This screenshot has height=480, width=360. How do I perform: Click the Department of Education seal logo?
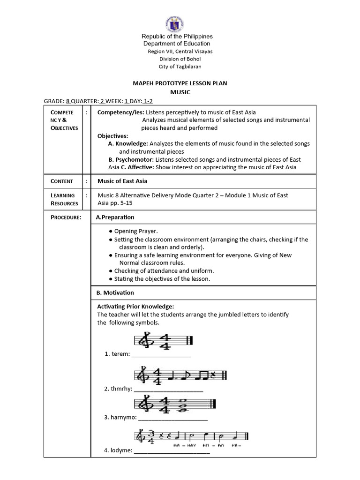click(174, 23)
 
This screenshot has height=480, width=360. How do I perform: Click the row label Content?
click(62, 181)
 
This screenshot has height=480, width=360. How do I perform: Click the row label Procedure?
click(66, 217)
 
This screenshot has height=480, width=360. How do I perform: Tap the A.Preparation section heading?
click(115, 217)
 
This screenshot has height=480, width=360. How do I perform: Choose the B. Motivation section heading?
click(115, 292)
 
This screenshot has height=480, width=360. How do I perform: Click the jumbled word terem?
click(117, 354)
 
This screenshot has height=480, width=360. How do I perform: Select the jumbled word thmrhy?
click(119, 389)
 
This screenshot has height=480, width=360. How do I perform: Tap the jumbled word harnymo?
click(120, 417)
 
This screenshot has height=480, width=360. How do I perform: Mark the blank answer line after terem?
click(161, 355)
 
